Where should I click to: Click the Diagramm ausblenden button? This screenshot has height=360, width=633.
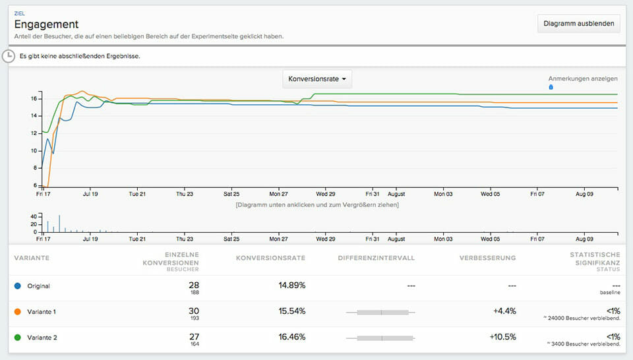click(579, 24)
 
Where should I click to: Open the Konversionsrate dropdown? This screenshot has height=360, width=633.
click(317, 79)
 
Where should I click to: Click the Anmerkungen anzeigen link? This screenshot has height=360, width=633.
click(583, 78)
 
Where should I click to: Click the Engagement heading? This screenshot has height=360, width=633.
click(46, 24)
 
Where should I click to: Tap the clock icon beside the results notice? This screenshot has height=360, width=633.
click(9, 56)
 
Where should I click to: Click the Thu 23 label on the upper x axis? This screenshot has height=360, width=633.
click(185, 195)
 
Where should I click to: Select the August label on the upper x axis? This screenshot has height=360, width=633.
click(396, 195)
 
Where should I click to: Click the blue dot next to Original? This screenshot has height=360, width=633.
click(17, 286)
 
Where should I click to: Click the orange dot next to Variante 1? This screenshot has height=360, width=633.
click(17, 312)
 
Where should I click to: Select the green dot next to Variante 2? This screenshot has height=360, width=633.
click(17, 338)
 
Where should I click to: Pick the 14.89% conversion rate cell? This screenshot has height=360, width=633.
click(288, 285)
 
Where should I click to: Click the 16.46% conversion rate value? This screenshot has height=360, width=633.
click(288, 337)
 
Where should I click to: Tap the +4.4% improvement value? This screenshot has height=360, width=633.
click(504, 311)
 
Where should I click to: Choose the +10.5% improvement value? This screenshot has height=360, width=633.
click(502, 337)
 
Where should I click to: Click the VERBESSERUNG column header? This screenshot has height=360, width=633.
click(487, 258)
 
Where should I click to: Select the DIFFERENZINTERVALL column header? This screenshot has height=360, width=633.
click(376, 258)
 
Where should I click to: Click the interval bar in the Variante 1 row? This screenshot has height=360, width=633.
click(382, 312)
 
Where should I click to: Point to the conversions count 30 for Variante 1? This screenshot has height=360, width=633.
click(194, 309)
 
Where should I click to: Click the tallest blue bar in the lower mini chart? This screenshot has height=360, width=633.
click(59, 223)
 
